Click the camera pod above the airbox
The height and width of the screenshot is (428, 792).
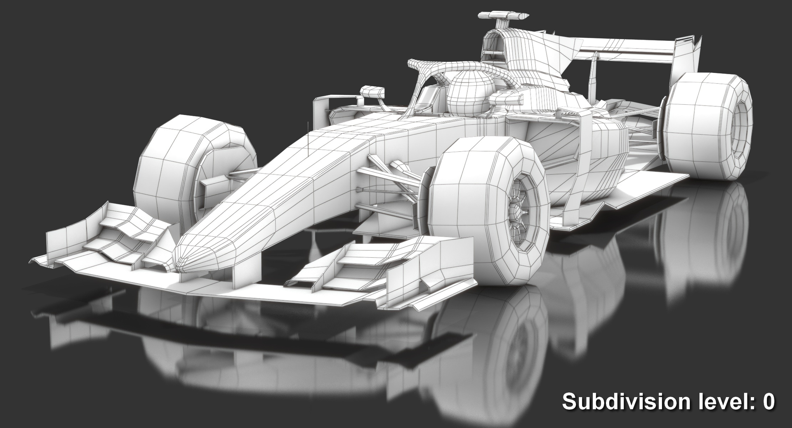(503, 16)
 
